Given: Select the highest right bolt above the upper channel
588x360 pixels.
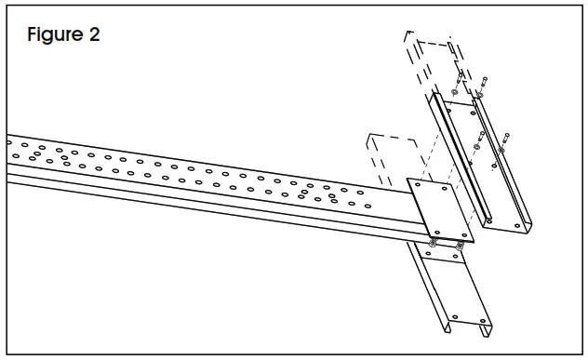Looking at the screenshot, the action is pos(484,81).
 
